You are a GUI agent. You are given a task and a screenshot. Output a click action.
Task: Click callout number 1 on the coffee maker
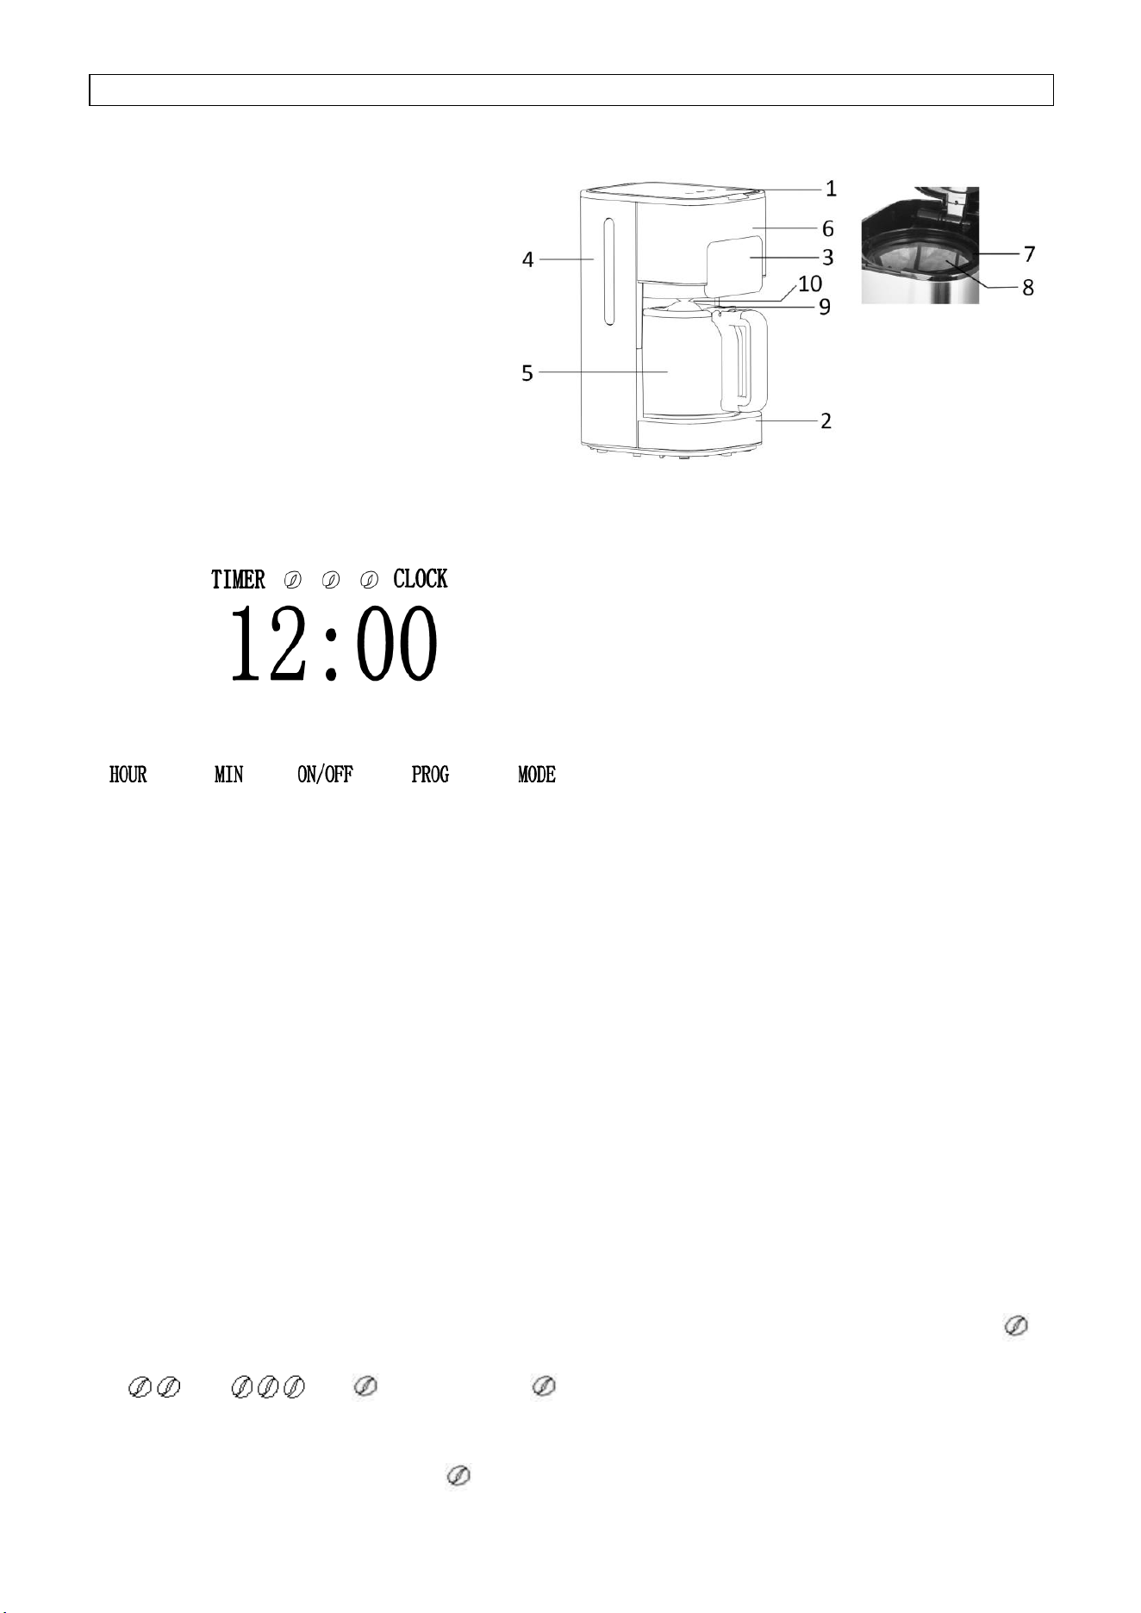point(831,188)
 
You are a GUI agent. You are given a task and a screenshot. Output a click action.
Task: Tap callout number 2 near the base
point(826,421)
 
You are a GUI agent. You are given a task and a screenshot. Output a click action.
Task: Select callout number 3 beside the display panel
point(827,257)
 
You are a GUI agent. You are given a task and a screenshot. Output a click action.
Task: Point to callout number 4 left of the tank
point(527,259)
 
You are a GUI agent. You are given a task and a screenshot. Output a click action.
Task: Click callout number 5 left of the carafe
point(527,373)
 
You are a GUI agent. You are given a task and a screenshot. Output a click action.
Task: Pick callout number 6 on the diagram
point(827,228)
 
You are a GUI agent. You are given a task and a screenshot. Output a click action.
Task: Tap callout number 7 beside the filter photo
point(1029,254)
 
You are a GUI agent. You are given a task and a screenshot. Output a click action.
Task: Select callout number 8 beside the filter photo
point(1028,288)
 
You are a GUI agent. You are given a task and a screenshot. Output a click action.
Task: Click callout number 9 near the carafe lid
point(825,307)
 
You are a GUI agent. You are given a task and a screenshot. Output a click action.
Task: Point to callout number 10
point(810,283)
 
